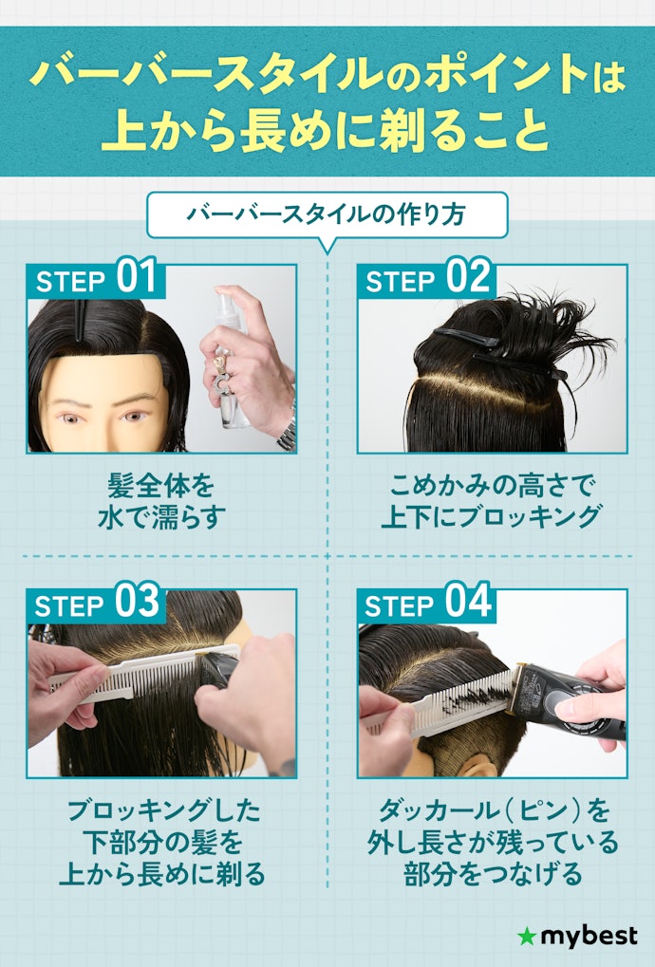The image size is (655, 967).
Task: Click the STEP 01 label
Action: click(x=96, y=279)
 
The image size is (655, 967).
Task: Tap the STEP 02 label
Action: click(x=427, y=279)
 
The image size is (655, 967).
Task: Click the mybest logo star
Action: click(x=526, y=938)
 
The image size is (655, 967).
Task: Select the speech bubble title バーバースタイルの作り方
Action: click(x=327, y=214)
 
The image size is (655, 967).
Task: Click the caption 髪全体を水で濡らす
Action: click(x=161, y=501)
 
